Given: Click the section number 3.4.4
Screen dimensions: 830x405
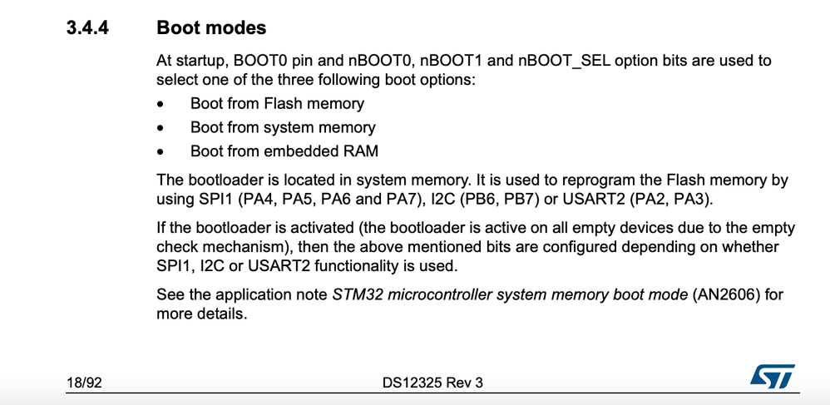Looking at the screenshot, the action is [x=87, y=27].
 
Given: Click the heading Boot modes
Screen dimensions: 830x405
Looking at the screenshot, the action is [x=211, y=27].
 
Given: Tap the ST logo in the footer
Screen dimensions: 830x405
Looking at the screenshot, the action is [x=773, y=377].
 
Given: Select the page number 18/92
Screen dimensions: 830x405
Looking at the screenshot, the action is [x=84, y=383].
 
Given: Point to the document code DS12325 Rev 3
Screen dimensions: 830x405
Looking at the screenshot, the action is [x=432, y=383].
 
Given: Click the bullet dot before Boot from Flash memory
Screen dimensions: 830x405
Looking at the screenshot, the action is [x=161, y=104].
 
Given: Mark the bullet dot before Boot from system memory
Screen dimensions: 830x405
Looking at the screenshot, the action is [x=161, y=128].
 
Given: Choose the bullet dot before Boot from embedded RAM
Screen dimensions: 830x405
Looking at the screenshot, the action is [x=161, y=152].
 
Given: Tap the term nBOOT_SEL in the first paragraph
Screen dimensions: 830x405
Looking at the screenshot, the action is [x=564, y=61].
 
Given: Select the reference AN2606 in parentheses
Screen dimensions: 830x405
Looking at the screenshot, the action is [x=727, y=294].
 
